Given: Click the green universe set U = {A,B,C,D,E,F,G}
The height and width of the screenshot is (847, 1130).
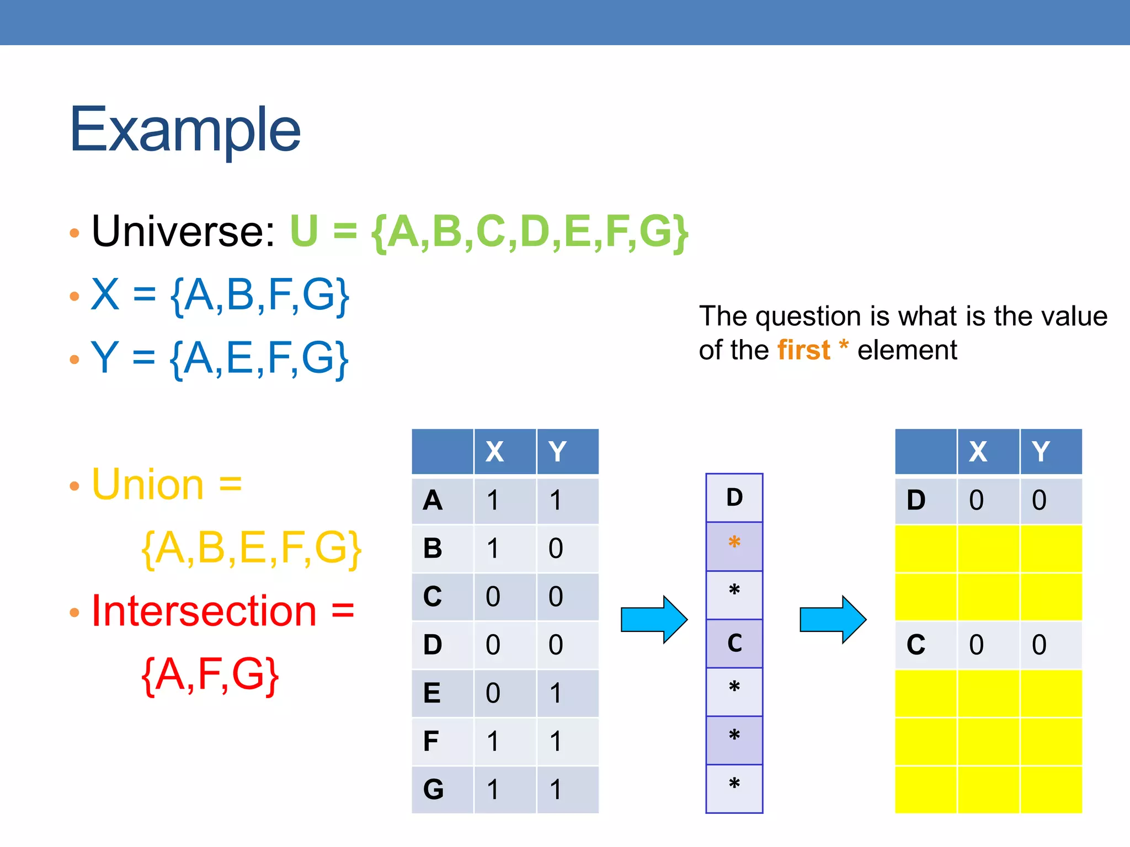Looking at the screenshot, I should [x=489, y=232].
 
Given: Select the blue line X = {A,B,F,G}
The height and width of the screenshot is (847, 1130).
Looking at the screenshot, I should [x=220, y=295].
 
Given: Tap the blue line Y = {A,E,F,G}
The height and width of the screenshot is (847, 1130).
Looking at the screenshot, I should [x=220, y=358].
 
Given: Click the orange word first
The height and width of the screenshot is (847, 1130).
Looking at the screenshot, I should [x=803, y=351].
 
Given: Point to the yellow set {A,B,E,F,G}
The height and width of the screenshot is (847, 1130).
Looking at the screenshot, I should [x=252, y=548].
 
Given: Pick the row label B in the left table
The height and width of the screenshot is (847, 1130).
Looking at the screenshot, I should [x=433, y=549].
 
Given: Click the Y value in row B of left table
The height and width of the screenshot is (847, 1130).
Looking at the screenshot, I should [x=556, y=549].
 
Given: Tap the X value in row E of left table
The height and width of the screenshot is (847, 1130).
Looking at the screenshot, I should [x=493, y=693].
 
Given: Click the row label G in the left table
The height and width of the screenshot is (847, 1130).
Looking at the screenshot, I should [x=433, y=790].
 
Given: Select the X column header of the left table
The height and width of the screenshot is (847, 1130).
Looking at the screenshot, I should [x=494, y=452].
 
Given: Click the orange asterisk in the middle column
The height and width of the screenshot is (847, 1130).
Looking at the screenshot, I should [x=734, y=543].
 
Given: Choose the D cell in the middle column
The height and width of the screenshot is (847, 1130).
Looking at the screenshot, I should [x=734, y=497].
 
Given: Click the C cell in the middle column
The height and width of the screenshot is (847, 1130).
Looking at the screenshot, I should [x=734, y=643].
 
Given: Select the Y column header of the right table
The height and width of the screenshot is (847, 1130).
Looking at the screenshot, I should [x=1040, y=452].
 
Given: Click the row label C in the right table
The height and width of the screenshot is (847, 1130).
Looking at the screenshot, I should [x=916, y=645].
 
